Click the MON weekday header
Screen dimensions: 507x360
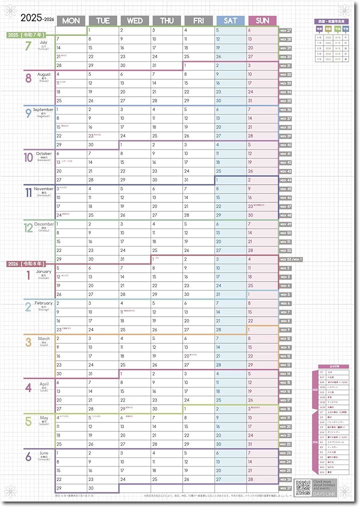coord(71,20)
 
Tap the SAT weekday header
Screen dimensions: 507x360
coord(230,20)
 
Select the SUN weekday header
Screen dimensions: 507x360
coord(262,20)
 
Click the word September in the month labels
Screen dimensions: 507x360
coord(43,109)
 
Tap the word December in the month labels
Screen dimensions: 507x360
coord(44,224)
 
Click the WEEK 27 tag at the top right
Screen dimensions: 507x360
coord(286,30)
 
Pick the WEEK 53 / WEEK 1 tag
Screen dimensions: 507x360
coord(291,259)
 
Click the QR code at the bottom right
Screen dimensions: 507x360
coord(303,486)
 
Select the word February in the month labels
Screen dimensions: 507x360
coord(43,303)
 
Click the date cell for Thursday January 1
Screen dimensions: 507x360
coord(167,259)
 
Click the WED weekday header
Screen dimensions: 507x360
coord(135,20)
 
